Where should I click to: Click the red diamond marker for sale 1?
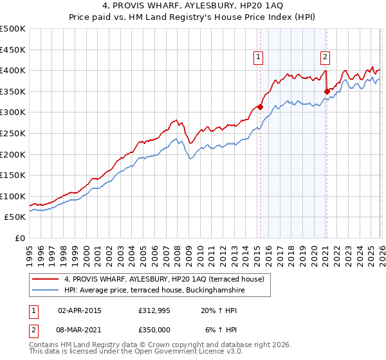(x=260, y=107)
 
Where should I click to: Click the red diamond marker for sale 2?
(x=327, y=91)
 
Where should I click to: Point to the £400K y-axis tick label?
(x=13, y=71)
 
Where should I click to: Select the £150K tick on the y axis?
(x=13, y=175)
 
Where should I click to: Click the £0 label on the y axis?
(x=20, y=238)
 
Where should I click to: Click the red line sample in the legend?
(x=46, y=279)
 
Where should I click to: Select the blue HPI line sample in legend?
(x=46, y=291)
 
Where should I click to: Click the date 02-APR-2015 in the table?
(x=80, y=310)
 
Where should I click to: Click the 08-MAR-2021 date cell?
(x=80, y=329)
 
